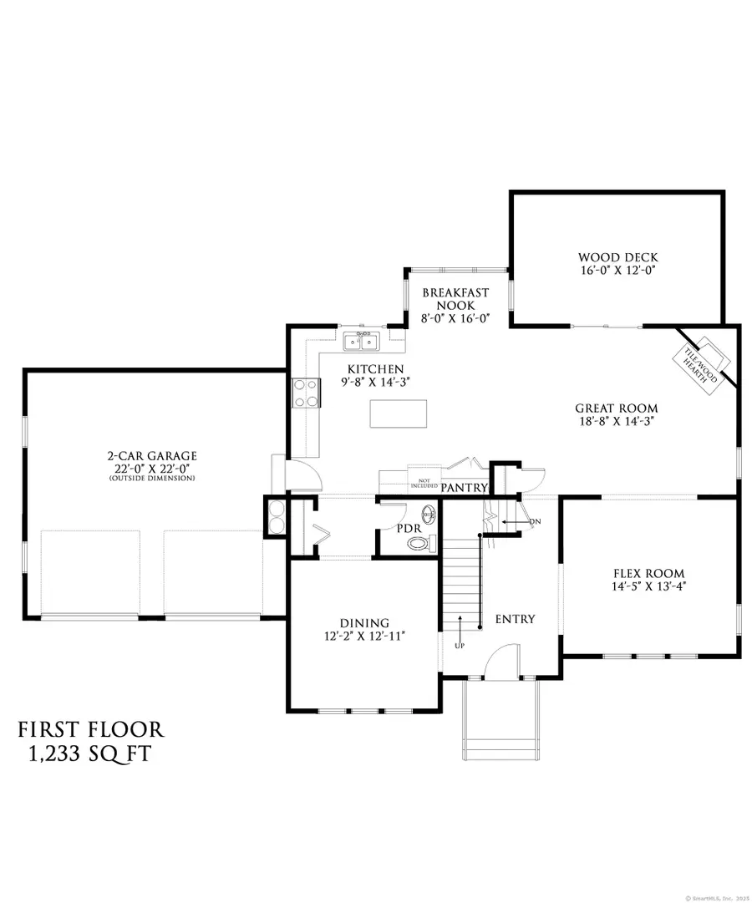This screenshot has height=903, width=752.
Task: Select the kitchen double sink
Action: pos(361,341)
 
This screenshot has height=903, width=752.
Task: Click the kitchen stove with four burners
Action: pos(304,393)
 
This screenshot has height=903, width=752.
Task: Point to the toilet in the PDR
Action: pos(419,543)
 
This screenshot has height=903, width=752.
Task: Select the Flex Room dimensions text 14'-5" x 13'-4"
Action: pos(648,586)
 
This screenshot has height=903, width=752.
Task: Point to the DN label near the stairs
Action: pos(536,522)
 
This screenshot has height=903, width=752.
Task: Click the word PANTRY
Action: pos(464,487)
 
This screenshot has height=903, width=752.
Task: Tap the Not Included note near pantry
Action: pos(423,482)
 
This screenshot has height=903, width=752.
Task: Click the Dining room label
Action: pos(364,622)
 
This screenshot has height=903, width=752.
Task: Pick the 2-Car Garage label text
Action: pos(151,455)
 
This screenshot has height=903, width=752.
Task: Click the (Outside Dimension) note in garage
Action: pos(151,479)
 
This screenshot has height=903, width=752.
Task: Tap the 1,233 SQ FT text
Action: pos(89,754)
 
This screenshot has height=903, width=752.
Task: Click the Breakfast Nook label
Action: pos(455,298)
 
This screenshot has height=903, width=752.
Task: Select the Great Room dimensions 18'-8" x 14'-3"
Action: pos(616,422)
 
